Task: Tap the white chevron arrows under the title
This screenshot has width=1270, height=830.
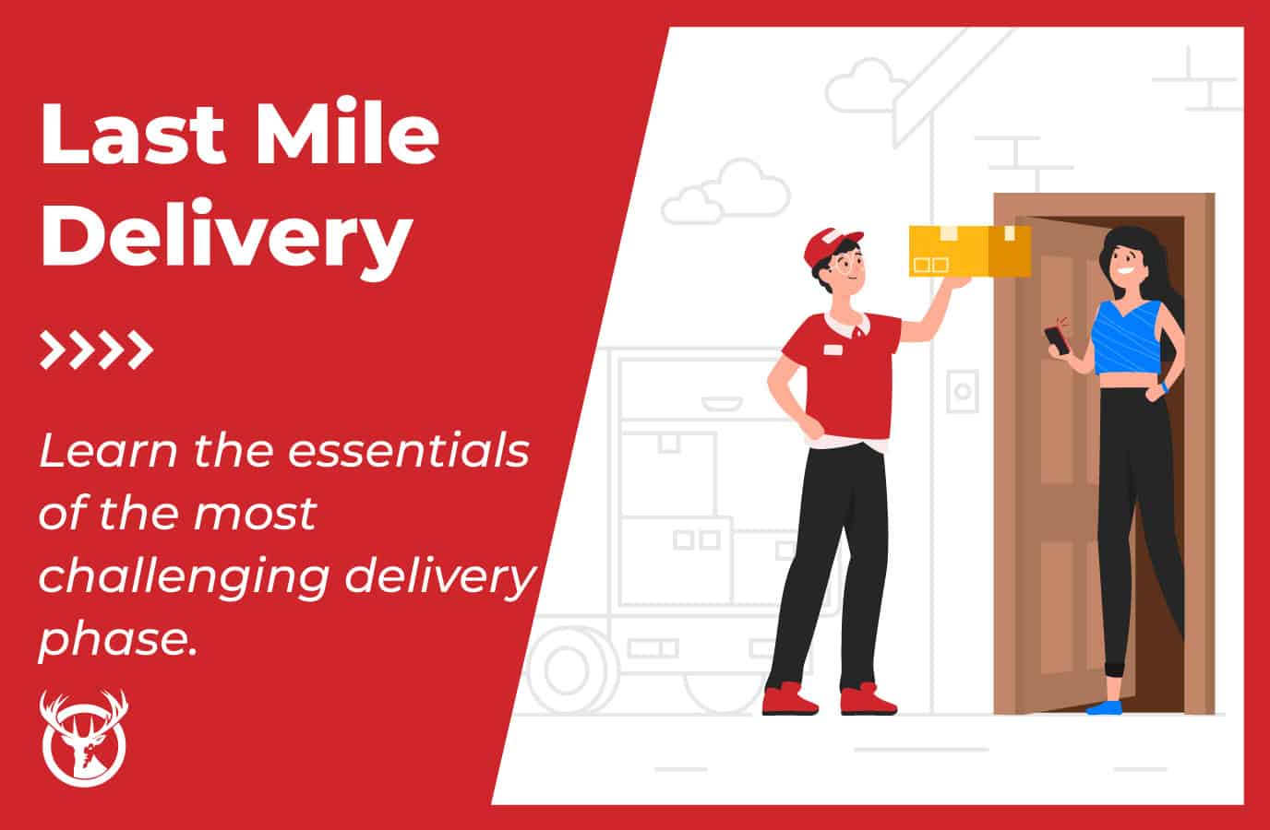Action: click(x=96, y=350)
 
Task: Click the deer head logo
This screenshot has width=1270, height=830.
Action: click(x=83, y=738)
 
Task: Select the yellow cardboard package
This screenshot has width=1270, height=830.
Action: click(x=968, y=251)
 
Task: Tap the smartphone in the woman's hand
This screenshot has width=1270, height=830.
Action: click(x=1057, y=338)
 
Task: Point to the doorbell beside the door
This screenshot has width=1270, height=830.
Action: click(x=963, y=392)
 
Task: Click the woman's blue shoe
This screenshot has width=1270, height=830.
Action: click(x=1104, y=706)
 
